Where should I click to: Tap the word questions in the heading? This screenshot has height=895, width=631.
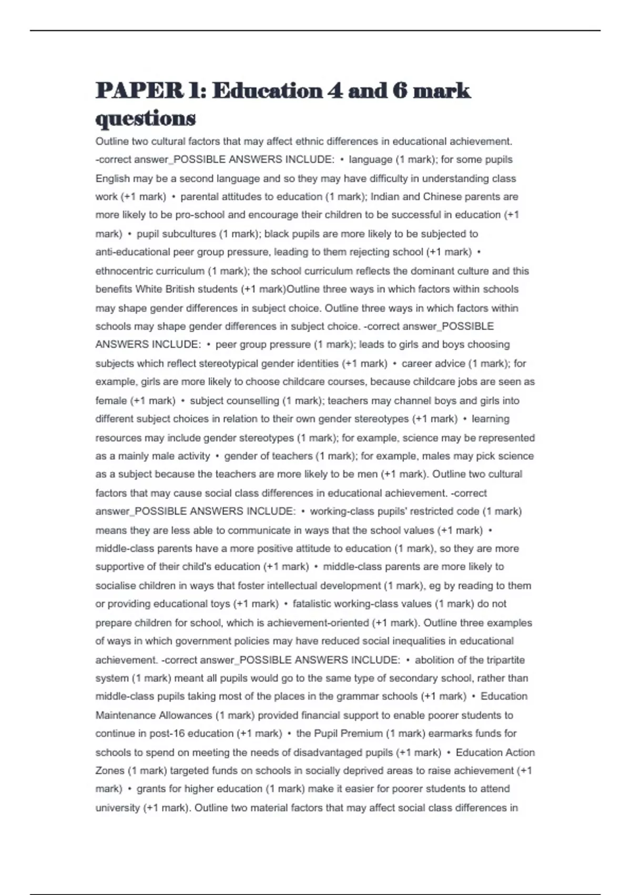click(146, 118)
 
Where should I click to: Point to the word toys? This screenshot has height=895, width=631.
click(220, 604)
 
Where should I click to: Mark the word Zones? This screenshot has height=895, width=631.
click(109, 771)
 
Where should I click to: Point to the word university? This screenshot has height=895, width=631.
click(117, 808)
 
